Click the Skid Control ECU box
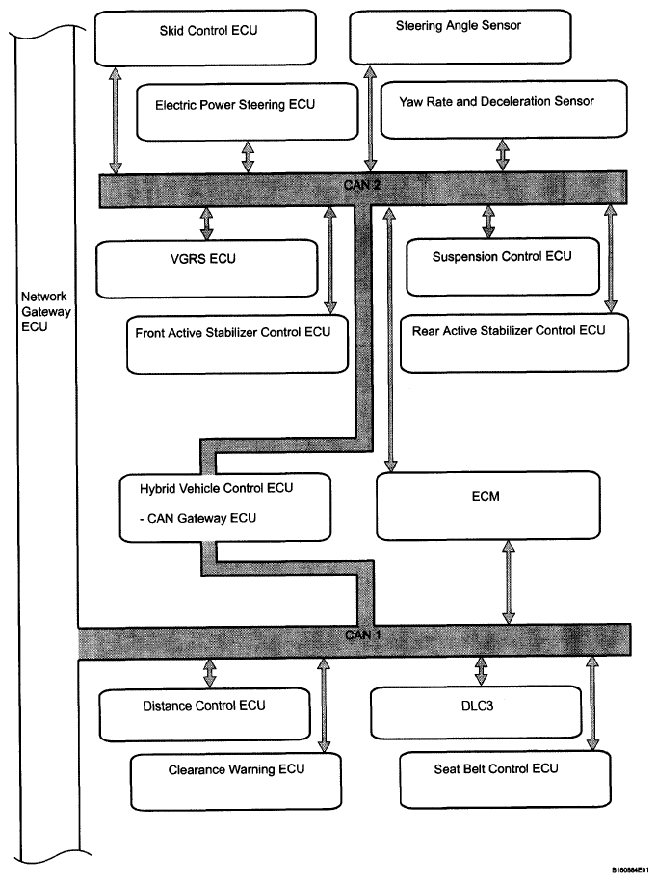[x=205, y=39]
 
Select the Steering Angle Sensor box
[x=460, y=38]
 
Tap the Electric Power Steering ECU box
[x=248, y=112]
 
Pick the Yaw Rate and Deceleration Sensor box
[x=504, y=110]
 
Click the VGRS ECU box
[x=206, y=269]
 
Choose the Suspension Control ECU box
[x=503, y=266]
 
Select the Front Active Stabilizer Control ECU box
[x=237, y=345]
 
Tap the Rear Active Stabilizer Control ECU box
[x=514, y=343]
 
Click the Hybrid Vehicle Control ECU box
[x=225, y=507]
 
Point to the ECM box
[x=488, y=506]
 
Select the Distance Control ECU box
[x=205, y=714]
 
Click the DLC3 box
[x=476, y=713]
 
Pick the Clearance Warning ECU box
[x=236, y=782]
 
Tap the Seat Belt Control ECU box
[x=505, y=779]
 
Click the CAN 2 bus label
[x=362, y=185]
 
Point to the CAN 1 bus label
[x=363, y=636]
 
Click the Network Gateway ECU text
[x=45, y=312]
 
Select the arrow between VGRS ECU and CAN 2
[x=206, y=224]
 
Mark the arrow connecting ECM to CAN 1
[x=509, y=583]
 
